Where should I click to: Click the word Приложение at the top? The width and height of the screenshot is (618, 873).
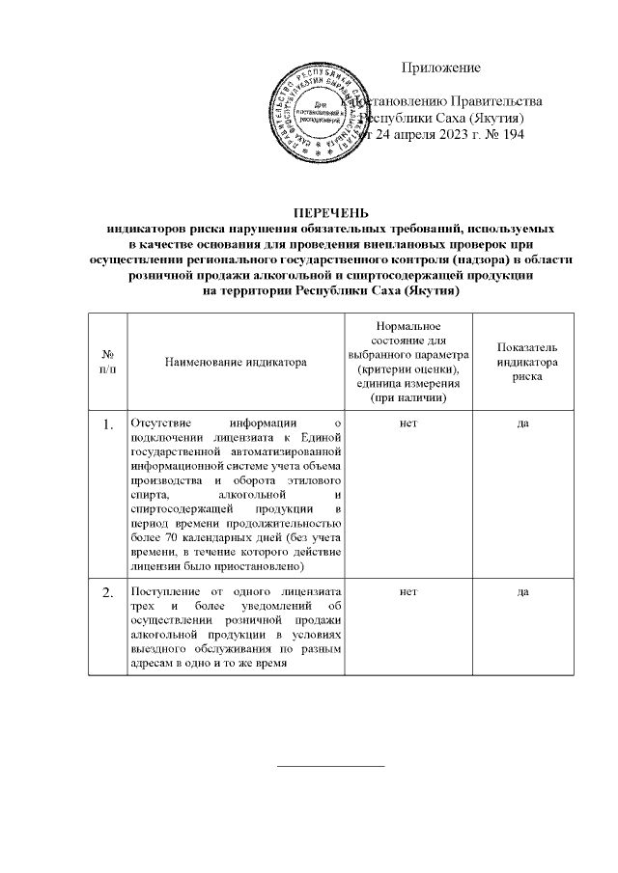pyautogui.click(x=441, y=68)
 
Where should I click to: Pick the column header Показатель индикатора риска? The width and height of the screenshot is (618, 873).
pyautogui.click(x=526, y=362)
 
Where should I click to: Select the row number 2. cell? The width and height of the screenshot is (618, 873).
pyautogui.click(x=107, y=591)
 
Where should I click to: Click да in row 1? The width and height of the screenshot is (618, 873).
pyautogui.click(x=526, y=423)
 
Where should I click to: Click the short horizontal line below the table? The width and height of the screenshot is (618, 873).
pyautogui.click(x=330, y=766)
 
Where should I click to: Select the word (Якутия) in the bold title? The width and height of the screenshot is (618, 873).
pyautogui.click(x=431, y=290)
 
